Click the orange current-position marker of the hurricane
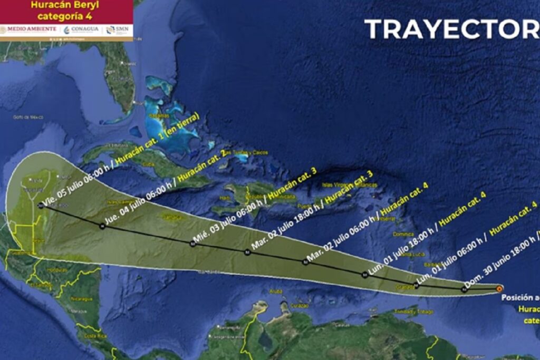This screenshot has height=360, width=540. pyautogui.click(x=499, y=288)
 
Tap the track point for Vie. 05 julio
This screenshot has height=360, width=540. pyautogui.click(x=41, y=206)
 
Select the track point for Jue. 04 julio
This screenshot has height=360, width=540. pyautogui.click(x=101, y=226)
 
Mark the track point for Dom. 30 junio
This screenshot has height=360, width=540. pyautogui.click(x=465, y=288)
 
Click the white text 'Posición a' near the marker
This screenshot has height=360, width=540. pyautogui.click(x=519, y=298)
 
